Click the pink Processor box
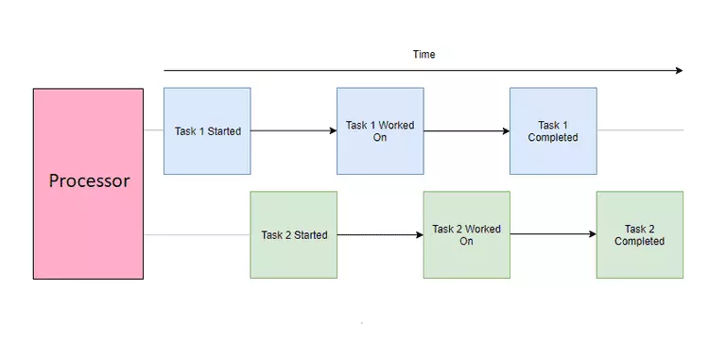(x=88, y=183)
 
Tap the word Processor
(x=89, y=180)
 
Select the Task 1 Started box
(x=207, y=131)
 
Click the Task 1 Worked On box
(x=380, y=131)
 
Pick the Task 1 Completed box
(x=553, y=131)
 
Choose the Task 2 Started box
(x=294, y=234)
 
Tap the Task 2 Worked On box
(x=467, y=234)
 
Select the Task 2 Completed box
(x=640, y=234)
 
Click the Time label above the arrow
(x=424, y=55)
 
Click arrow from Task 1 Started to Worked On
(x=294, y=131)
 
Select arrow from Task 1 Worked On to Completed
(x=467, y=131)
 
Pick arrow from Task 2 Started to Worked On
(x=380, y=234)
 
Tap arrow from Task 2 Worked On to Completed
(x=553, y=234)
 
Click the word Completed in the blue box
(x=553, y=137)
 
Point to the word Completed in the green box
(x=640, y=241)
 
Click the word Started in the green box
(x=311, y=235)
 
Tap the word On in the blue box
(x=380, y=137)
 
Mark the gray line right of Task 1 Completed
(x=640, y=130)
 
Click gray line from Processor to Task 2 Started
(x=197, y=234)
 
